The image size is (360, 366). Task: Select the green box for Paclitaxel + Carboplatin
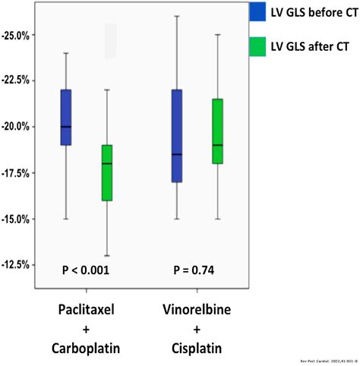tap(107, 172)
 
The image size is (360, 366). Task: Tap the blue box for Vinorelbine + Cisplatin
tap(177, 136)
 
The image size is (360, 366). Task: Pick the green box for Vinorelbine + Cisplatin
tap(218, 131)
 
